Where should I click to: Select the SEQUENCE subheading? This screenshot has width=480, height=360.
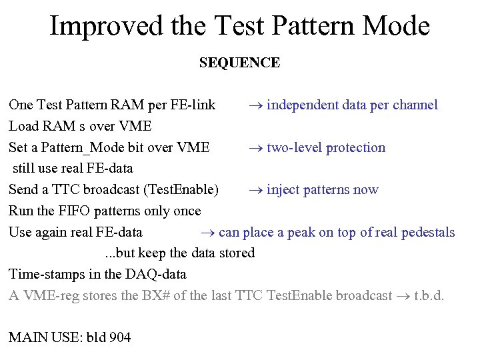(239, 63)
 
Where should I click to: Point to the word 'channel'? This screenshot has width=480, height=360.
(415, 105)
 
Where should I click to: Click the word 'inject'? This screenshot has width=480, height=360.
(283, 190)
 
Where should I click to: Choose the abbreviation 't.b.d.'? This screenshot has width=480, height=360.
(429, 295)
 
